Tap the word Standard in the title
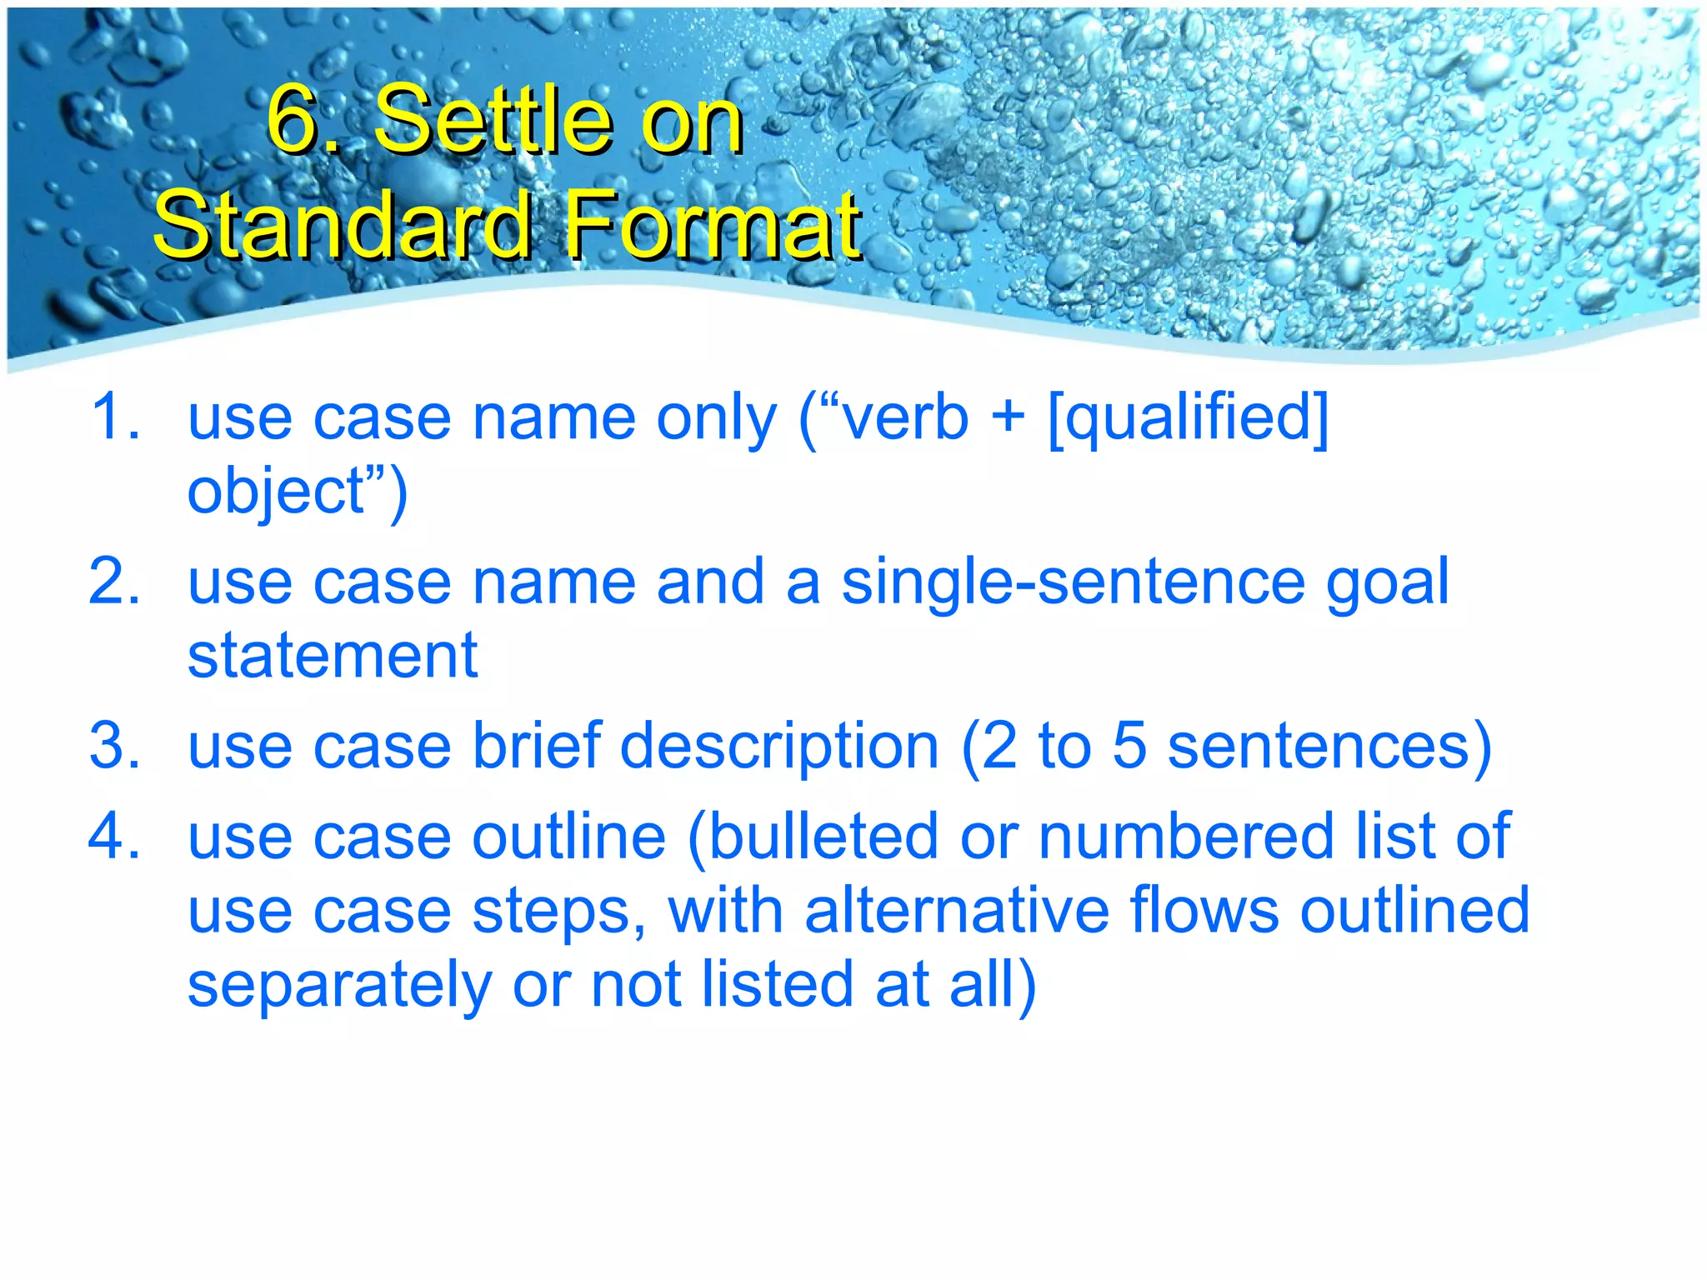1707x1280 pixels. coord(343,225)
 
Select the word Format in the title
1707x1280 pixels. coord(713,225)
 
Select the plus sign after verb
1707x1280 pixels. coord(1008,417)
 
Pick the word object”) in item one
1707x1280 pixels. coord(297,492)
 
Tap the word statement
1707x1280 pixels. coord(333,655)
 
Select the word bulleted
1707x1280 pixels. coord(823,836)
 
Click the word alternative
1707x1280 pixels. coord(957,910)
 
